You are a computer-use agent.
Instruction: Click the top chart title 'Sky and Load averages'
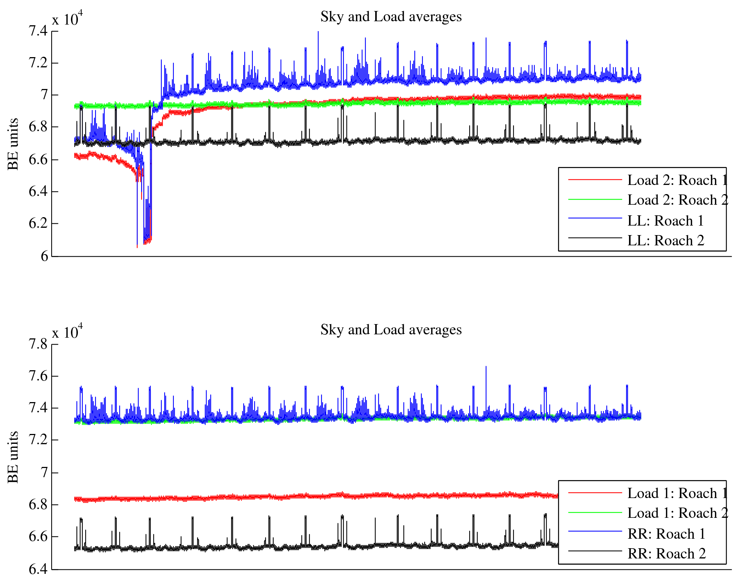(x=391, y=17)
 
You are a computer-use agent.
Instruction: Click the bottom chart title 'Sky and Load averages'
(x=391, y=330)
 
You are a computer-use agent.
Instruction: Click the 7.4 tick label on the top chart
(x=38, y=31)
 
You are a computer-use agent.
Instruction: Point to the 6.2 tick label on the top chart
(x=38, y=223)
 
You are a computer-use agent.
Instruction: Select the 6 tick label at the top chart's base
(x=44, y=256)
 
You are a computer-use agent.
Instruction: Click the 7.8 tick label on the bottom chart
(x=38, y=344)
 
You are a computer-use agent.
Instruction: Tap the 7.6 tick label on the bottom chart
(x=38, y=376)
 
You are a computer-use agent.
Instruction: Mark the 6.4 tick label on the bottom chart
(x=38, y=569)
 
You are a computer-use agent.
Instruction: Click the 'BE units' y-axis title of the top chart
(x=13, y=144)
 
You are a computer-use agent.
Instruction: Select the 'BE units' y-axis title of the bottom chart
(x=13, y=457)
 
